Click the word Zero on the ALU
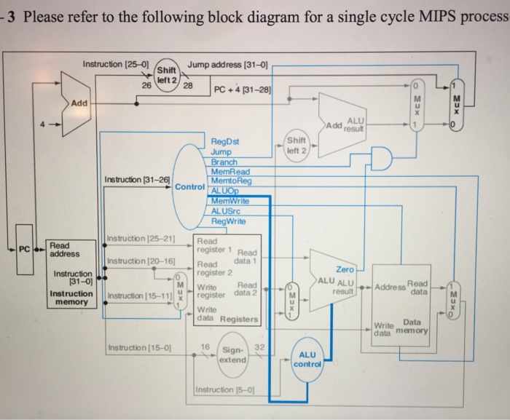point(345,269)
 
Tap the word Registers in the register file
point(239,319)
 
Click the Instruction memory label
point(70,298)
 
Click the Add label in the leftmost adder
point(78,104)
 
